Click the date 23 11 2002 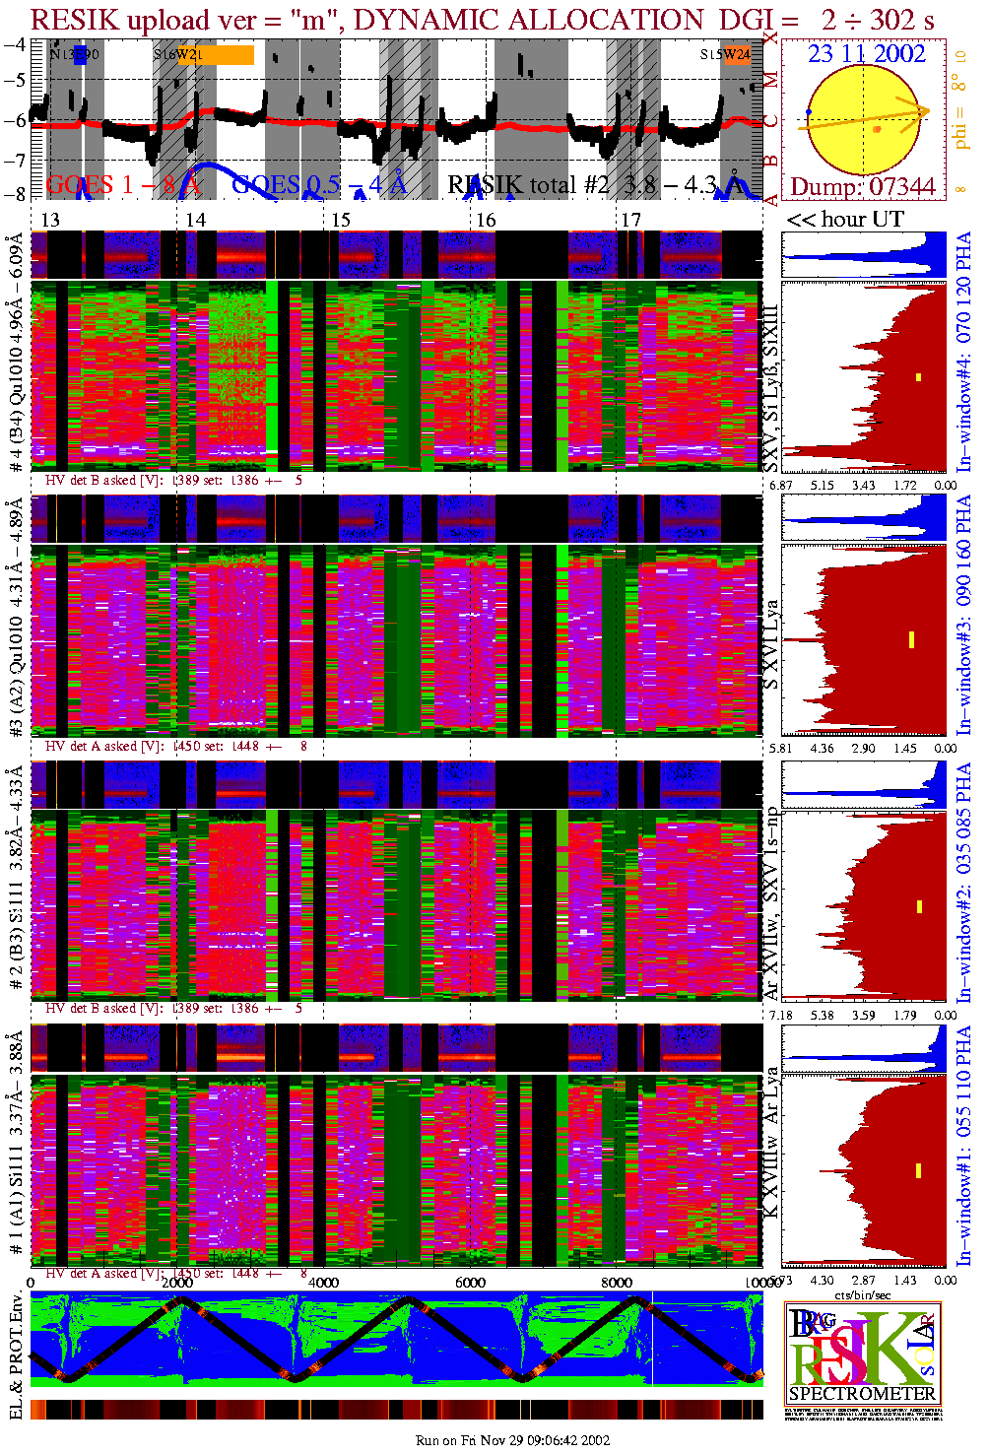coord(867,54)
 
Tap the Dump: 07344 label coord(863,186)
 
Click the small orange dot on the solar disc coord(877,129)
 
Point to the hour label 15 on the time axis coord(341,220)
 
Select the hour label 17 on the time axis coord(630,220)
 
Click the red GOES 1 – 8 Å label coord(123,184)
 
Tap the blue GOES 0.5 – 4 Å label coord(318,184)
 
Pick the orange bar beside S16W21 coord(229,55)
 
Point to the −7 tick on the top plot coord(15,160)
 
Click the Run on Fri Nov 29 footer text coord(512,1440)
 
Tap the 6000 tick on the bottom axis coord(470,1283)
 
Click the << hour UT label coord(845,220)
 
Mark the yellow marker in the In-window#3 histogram coord(912,639)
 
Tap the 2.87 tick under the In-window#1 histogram coord(863,1281)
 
